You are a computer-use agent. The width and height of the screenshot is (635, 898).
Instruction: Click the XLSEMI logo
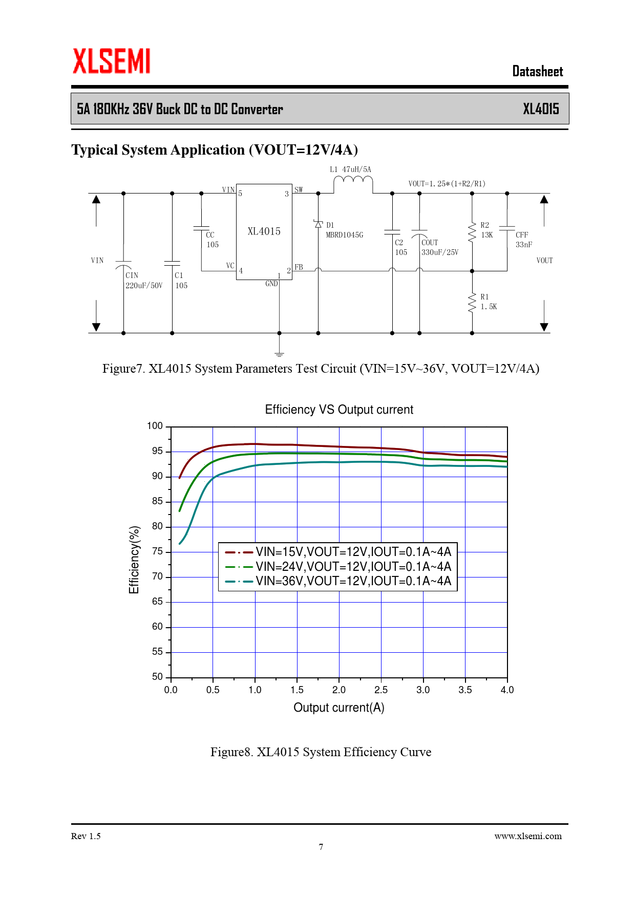pos(112,61)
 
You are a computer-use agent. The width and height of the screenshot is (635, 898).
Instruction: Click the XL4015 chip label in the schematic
pos(264,231)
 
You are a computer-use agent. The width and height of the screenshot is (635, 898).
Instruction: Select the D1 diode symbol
pos(318,224)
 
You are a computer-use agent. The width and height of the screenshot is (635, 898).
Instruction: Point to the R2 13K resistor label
pos(486,230)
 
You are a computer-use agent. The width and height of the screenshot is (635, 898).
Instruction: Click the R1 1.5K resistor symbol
pos(472,302)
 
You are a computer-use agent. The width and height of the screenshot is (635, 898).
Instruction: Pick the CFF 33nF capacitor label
pos(523,240)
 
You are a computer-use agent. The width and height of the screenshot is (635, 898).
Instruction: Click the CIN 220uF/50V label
pos(143,281)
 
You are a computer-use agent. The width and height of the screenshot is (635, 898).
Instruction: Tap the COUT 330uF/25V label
pos(439,247)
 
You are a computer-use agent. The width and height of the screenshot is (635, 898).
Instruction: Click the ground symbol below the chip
pos(279,354)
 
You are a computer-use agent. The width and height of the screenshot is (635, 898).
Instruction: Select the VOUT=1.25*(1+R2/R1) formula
pos(447,184)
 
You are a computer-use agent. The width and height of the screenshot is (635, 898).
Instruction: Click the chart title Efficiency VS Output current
pos(338,410)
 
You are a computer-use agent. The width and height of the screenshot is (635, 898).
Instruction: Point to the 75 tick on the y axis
pos(157,551)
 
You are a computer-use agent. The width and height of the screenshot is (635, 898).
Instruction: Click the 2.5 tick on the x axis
pos(381,690)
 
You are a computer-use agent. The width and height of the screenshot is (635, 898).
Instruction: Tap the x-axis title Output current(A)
pos(338,708)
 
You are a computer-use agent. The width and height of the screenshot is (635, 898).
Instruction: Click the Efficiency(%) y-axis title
pos(134,560)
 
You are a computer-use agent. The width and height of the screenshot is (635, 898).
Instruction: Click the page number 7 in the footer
pos(321,847)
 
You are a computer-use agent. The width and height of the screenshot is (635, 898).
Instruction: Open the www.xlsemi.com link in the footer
pos(527,836)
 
